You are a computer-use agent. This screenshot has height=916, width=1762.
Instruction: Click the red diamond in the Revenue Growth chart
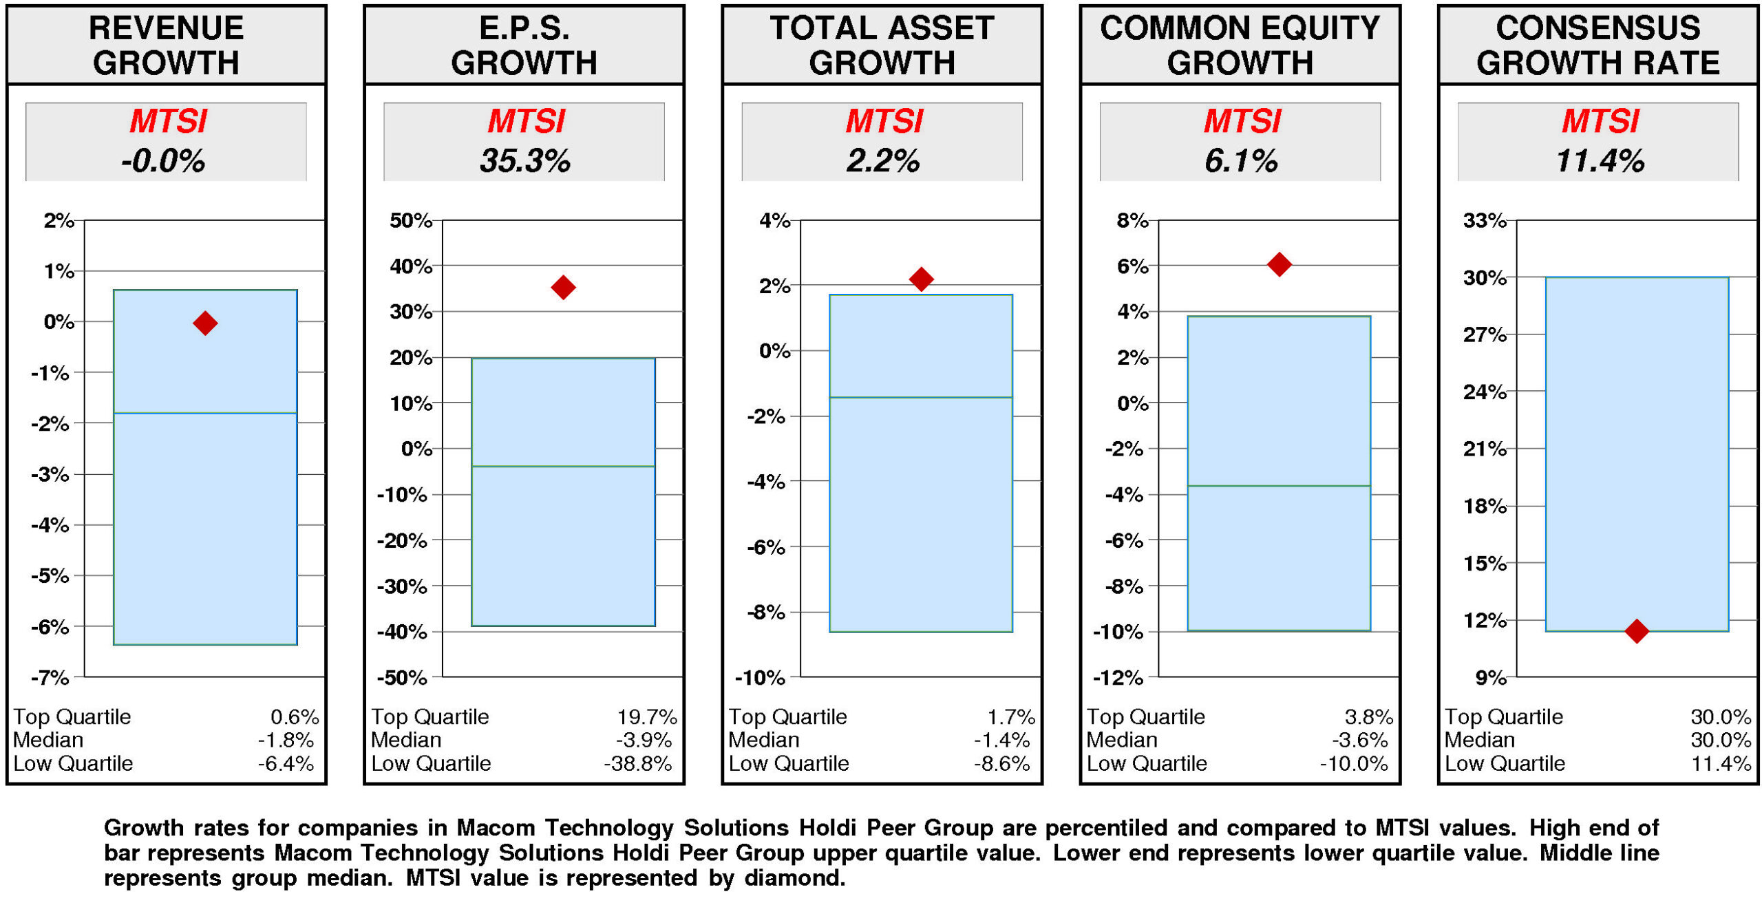(205, 323)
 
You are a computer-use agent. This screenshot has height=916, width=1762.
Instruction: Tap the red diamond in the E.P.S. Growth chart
(563, 287)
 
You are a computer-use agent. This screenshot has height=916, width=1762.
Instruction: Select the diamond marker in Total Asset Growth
(921, 279)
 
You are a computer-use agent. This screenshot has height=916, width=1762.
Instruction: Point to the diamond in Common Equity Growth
(1279, 264)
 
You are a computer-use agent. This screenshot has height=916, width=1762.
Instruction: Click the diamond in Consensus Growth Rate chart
(1637, 630)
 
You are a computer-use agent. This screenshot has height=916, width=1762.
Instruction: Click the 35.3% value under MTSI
(524, 161)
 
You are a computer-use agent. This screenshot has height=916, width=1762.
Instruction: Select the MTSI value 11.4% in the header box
(1600, 161)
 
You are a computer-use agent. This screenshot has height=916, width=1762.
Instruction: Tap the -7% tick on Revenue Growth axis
(50, 677)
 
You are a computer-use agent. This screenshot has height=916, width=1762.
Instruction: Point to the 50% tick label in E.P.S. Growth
(410, 221)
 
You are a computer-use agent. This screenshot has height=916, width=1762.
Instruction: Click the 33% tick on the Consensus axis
(1485, 221)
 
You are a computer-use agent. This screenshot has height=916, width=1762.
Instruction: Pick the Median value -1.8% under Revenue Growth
(286, 740)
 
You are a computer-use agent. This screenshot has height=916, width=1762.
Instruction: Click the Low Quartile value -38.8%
(638, 763)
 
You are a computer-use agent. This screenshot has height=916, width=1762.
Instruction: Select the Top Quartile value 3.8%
(1368, 716)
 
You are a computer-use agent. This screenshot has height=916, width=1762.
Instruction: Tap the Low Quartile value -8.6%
(1001, 763)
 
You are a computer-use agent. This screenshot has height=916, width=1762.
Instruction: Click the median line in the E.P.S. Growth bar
(563, 467)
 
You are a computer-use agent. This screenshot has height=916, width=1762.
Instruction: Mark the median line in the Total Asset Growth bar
(921, 397)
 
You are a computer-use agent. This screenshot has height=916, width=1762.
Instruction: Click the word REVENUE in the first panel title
(166, 29)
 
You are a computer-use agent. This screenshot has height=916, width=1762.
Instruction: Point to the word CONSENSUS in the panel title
(1598, 29)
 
